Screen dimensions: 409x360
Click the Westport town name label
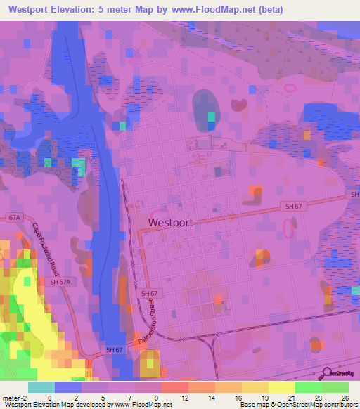click(x=171, y=222)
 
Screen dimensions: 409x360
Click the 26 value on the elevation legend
click(x=345, y=397)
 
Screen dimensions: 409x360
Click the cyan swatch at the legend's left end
click(x=41, y=387)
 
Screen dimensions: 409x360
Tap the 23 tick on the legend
click(x=320, y=397)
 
